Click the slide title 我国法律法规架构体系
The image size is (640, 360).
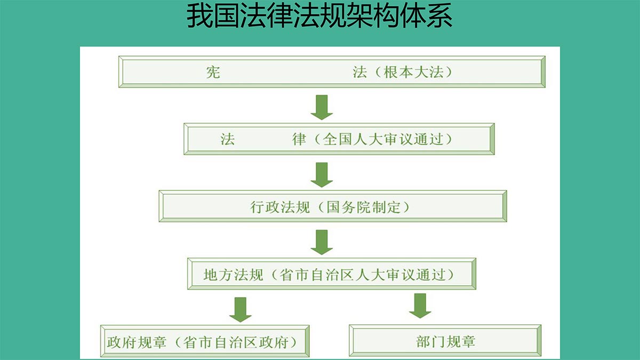point(319,15)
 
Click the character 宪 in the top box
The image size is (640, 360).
point(213,73)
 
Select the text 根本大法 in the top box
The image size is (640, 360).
point(413,72)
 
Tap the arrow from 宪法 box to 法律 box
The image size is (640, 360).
point(322,107)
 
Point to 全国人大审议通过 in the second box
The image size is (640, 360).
point(383,139)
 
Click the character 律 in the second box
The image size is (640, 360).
point(299,139)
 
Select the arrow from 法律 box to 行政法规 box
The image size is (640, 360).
point(322,175)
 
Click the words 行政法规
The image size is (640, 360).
point(280,207)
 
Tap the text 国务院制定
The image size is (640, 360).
point(363,207)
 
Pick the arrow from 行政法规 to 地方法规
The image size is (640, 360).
point(322,242)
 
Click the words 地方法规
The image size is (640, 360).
point(233,275)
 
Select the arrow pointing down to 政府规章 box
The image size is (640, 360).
point(241,310)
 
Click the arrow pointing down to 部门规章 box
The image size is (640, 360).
point(420,306)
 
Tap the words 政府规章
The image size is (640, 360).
point(137,342)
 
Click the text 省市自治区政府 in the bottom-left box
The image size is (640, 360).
point(235,342)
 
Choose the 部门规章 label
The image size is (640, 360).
point(446,342)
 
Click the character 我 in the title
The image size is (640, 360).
point(199,15)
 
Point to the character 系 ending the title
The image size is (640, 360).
point(439,15)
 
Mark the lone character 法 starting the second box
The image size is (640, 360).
point(227,139)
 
